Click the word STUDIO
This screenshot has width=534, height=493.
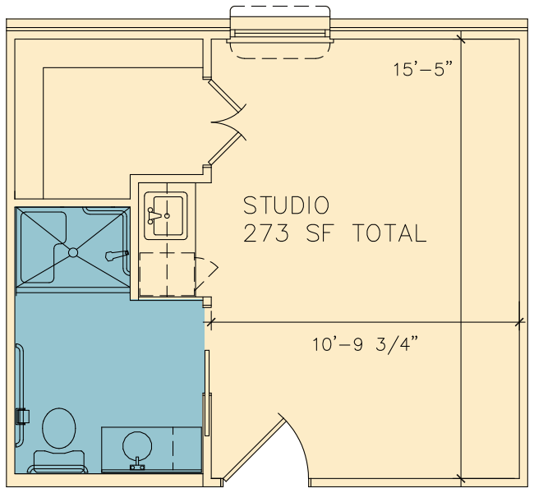tap(286, 205)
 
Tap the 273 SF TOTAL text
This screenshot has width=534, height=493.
tap(334, 233)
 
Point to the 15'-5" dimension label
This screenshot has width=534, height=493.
tap(424, 69)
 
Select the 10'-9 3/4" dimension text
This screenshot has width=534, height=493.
tap(365, 344)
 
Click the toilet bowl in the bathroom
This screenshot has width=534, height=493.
tap(59, 428)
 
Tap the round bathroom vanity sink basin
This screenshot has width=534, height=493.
tap(137, 446)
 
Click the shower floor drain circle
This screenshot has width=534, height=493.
tap(73, 252)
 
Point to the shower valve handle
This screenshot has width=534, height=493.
tap(117, 256)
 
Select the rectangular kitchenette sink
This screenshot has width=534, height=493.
tap(166, 215)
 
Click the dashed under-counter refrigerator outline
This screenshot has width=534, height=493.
tap(167, 274)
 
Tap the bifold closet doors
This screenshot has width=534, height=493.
tap(227, 122)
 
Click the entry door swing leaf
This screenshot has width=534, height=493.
tap(254, 449)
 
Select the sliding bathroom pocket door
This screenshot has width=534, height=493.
tap(207, 393)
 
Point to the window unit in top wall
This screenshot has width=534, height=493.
tap(280, 33)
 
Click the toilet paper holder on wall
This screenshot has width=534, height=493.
tap(22, 417)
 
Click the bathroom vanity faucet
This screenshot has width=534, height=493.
tap(137, 464)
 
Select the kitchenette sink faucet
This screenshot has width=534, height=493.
tap(154, 215)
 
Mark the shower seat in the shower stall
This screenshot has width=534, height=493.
tap(44, 247)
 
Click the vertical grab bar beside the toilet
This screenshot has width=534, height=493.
tap(20, 394)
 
